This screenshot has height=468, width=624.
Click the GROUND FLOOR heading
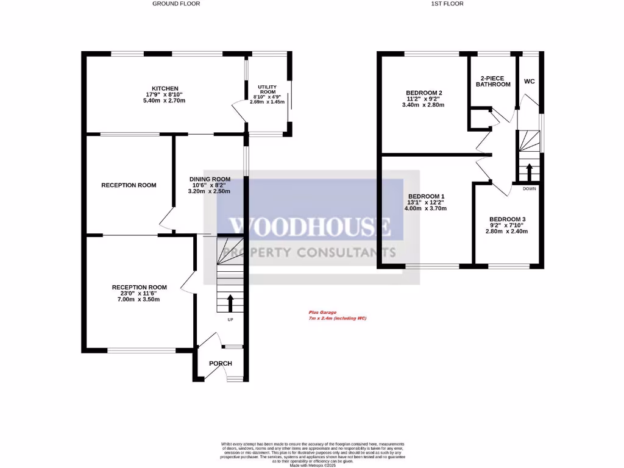point(175,4)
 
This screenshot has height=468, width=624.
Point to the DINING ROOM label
point(209,179)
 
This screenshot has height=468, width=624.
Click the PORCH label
point(221,364)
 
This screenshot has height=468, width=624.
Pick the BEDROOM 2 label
point(424,93)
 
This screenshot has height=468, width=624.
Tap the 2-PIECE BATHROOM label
point(493,81)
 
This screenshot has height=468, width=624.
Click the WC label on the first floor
point(529,81)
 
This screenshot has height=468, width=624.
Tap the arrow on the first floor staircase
point(528,171)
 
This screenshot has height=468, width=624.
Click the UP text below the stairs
point(230,319)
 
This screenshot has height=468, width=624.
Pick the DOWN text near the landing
point(530,188)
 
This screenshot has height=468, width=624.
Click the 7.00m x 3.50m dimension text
point(140,299)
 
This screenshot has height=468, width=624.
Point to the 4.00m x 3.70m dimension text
point(425,208)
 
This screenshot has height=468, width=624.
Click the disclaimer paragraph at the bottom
point(312,454)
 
